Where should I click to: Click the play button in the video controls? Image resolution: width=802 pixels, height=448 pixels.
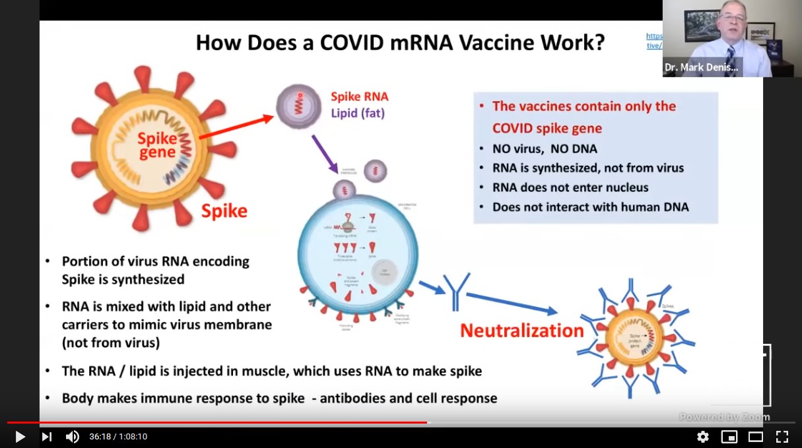[20, 437]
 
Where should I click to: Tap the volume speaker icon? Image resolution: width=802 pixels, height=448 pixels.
[72, 437]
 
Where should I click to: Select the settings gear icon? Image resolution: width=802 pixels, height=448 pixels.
[703, 437]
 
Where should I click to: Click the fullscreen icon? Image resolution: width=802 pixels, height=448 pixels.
[782, 437]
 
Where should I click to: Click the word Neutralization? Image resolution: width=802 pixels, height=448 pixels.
[521, 331]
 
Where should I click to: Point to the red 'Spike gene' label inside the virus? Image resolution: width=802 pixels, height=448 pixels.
[157, 146]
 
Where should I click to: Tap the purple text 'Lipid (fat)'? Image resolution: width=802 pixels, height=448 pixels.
[358, 113]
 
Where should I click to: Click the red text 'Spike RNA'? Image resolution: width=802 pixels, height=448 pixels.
[359, 96]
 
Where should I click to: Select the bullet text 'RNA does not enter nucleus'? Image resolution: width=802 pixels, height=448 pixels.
[570, 187]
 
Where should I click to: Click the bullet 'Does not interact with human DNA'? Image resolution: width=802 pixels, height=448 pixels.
[590, 207]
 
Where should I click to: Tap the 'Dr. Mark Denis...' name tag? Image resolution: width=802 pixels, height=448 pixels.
[702, 67]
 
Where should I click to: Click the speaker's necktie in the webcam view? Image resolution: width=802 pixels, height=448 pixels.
[730, 59]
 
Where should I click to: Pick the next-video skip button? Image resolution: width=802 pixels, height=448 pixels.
[46, 437]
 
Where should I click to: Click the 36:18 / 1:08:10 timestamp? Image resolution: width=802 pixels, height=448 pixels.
[118, 437]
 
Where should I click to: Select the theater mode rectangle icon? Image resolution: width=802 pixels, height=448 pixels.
[756, 437]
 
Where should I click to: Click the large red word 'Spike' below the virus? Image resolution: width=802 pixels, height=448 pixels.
[224, 211]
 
